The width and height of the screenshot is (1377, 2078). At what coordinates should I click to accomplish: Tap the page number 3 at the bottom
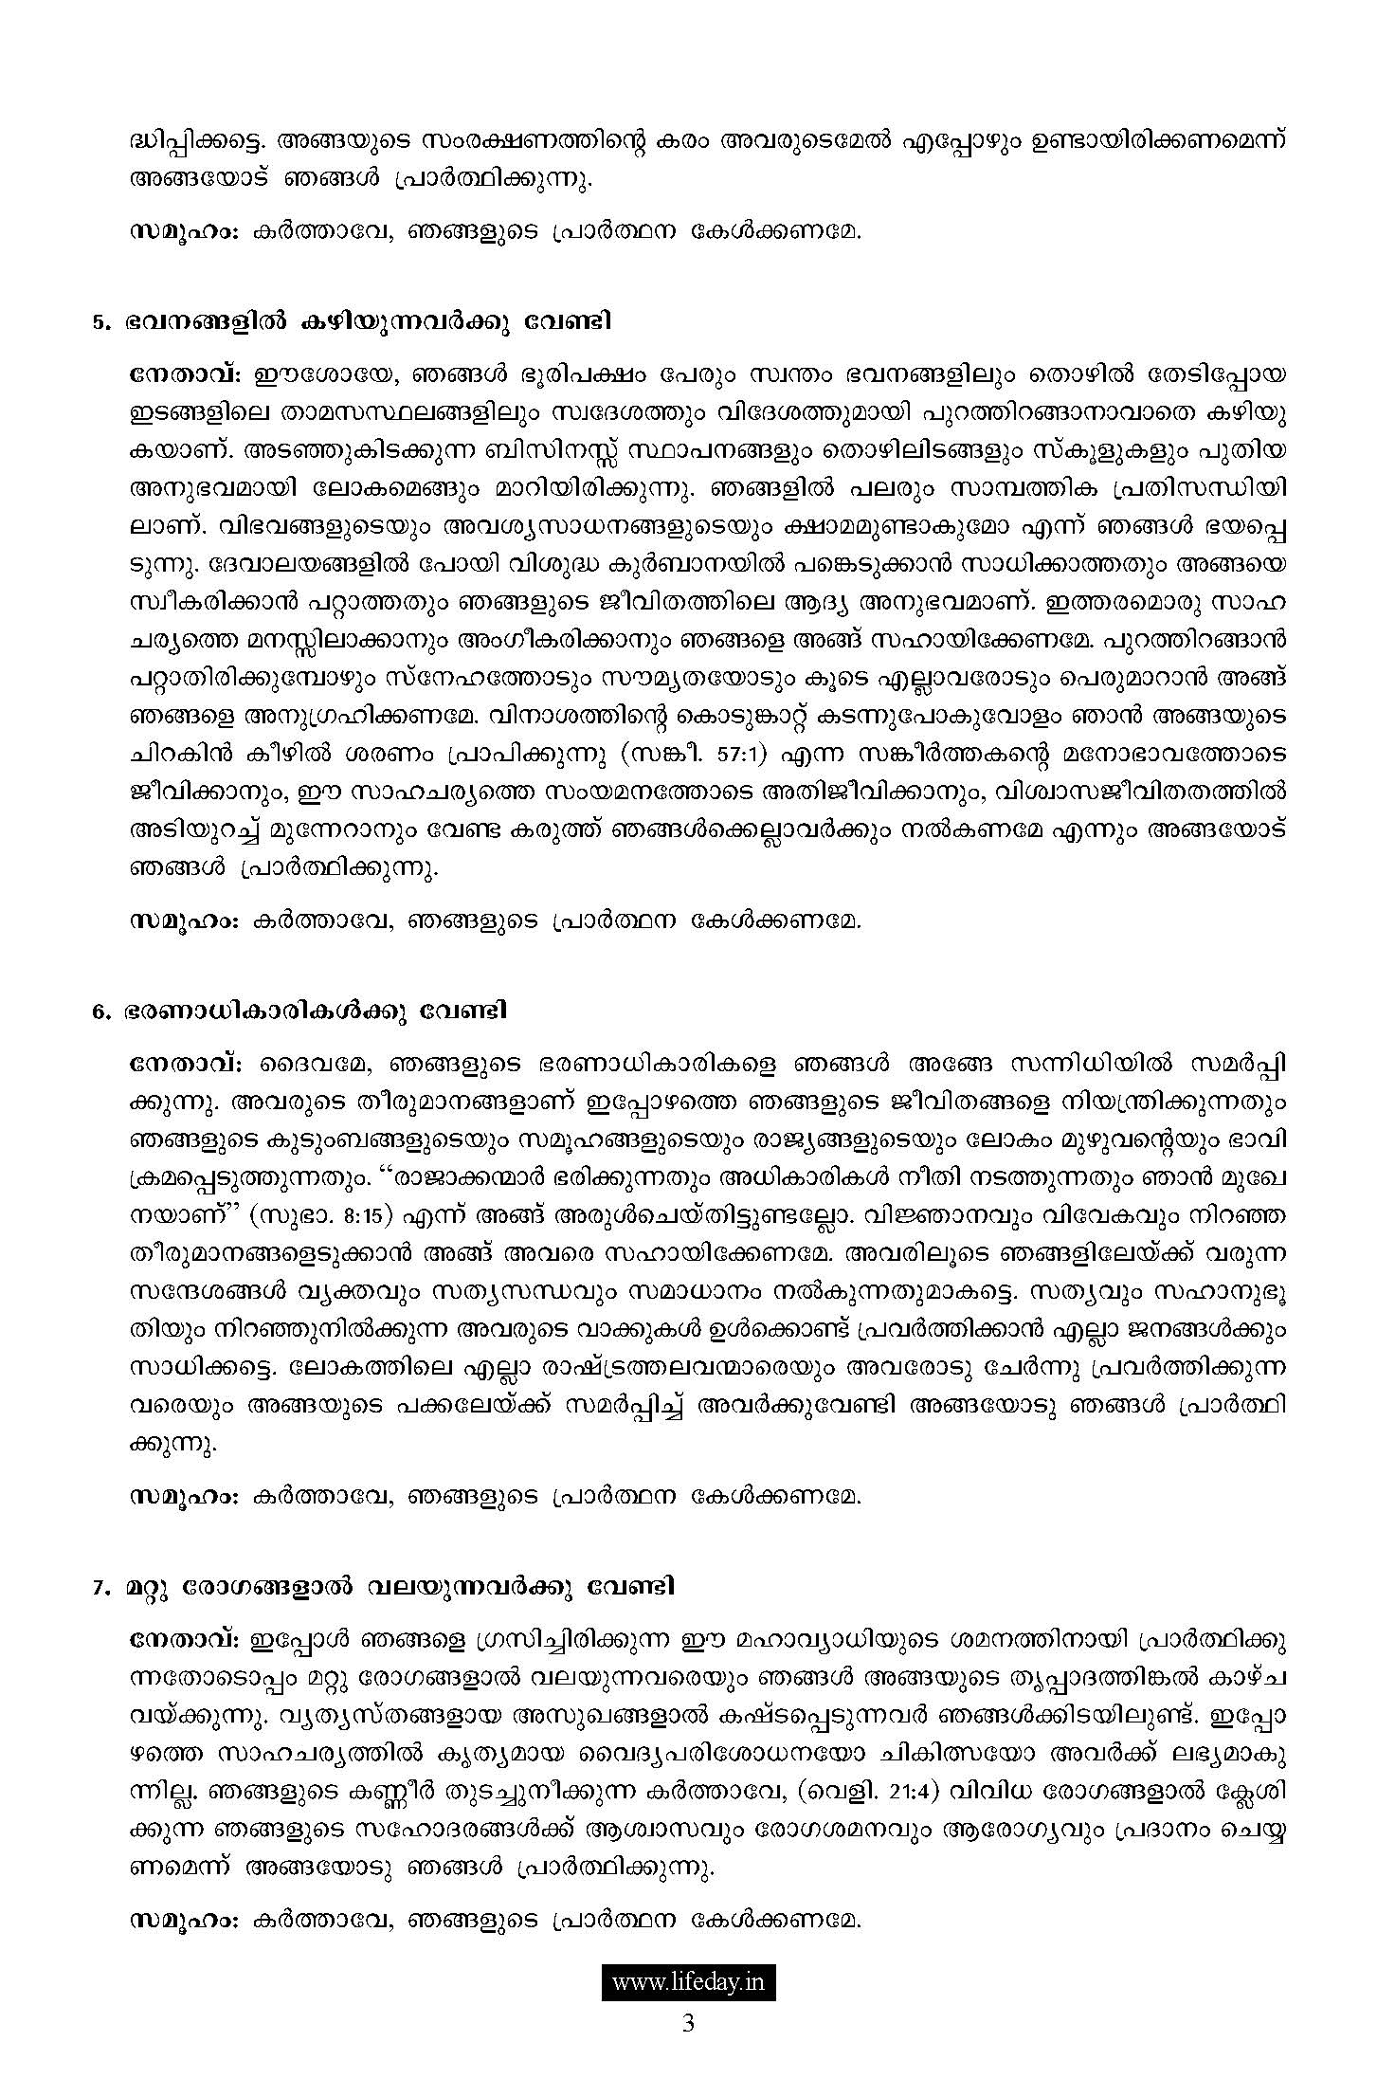coord(688,2026)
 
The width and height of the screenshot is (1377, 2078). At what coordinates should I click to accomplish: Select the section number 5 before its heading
coord(98,322)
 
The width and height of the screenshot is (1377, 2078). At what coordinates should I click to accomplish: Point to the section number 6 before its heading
coord(98,1012)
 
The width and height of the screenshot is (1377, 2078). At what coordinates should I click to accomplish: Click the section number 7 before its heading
coord(98,1587)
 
